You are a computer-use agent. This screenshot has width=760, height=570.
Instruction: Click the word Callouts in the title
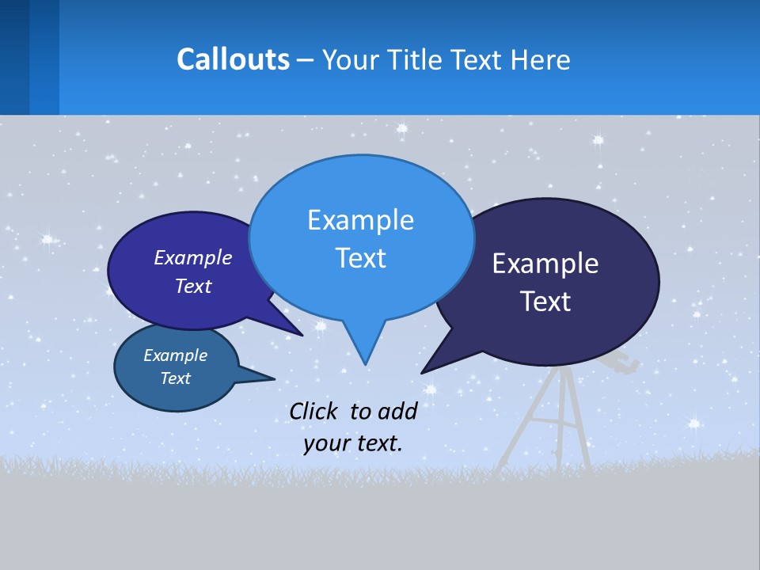pos(234,59)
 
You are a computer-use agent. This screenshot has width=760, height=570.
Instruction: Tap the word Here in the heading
pos(541,60)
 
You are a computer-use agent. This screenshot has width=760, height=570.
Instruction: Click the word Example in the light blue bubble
pos(360,220)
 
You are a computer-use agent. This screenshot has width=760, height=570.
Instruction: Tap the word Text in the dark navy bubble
pos(545,302)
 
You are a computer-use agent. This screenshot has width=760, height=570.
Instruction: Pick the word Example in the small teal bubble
pos(175,355)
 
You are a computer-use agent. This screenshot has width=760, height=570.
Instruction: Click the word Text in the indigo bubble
pos(193,286)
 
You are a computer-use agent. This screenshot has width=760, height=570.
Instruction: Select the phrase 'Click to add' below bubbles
pos(353,411)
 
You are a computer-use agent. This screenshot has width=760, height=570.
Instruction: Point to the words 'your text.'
pos(353,443)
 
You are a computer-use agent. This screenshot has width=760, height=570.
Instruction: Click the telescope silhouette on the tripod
pos(617,363)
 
